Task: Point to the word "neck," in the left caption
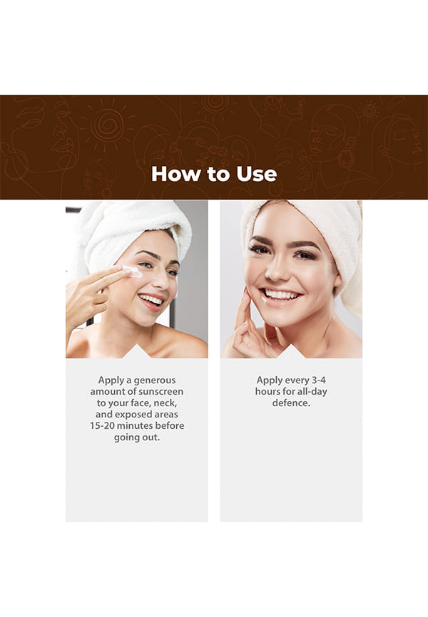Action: pyautogui.click(x=165, y=403)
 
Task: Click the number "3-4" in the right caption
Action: pyautogui.click(x=318, y=380)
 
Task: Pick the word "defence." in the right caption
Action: pyautogui.click(x=291, y=403)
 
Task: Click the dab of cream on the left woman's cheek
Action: pyautogui.click(x=133, y=271)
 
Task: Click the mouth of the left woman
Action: pyautogui.click(x=151, y=301)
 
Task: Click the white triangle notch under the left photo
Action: pyautogui.click(x=137, y=351)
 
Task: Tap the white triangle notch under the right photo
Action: pyautogui.click(x=291, y=351)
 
